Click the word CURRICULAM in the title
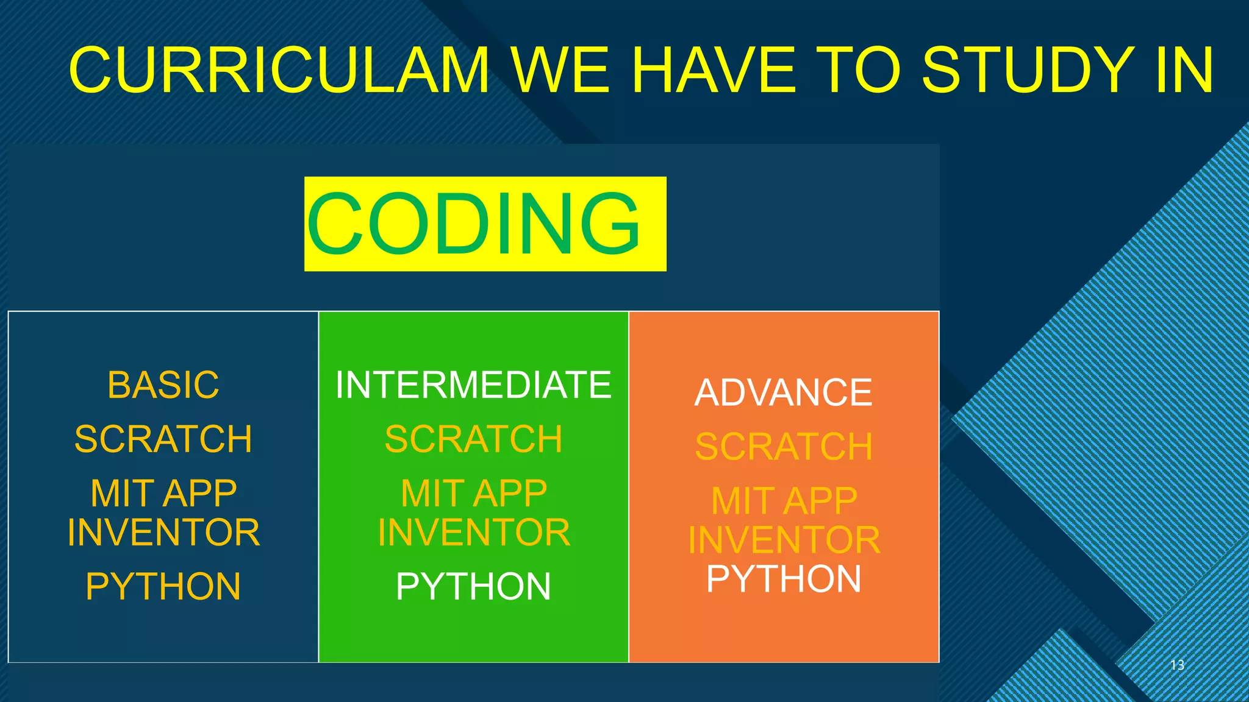[x=279, y=70]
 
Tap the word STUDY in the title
[x=1028, y=70]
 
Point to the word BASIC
[x=163, y=385]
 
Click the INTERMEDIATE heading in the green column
[x=473, y=385]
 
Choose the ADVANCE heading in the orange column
[x=783, y=392]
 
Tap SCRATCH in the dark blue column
[x=163, y=439]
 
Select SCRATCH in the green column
[x=473, y=439]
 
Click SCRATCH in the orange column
[x=784, y=447]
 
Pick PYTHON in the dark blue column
[x=163, y=586]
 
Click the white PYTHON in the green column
[x=473, y=586]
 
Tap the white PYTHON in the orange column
[x=784, y=578]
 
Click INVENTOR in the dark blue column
[x=163, y=533]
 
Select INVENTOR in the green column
[x=474, y=533]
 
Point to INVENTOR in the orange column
[x=784, y=540]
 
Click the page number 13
[x=1177, y=665]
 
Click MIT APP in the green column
[x=474, y=493]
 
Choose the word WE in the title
[x=560, y=70]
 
